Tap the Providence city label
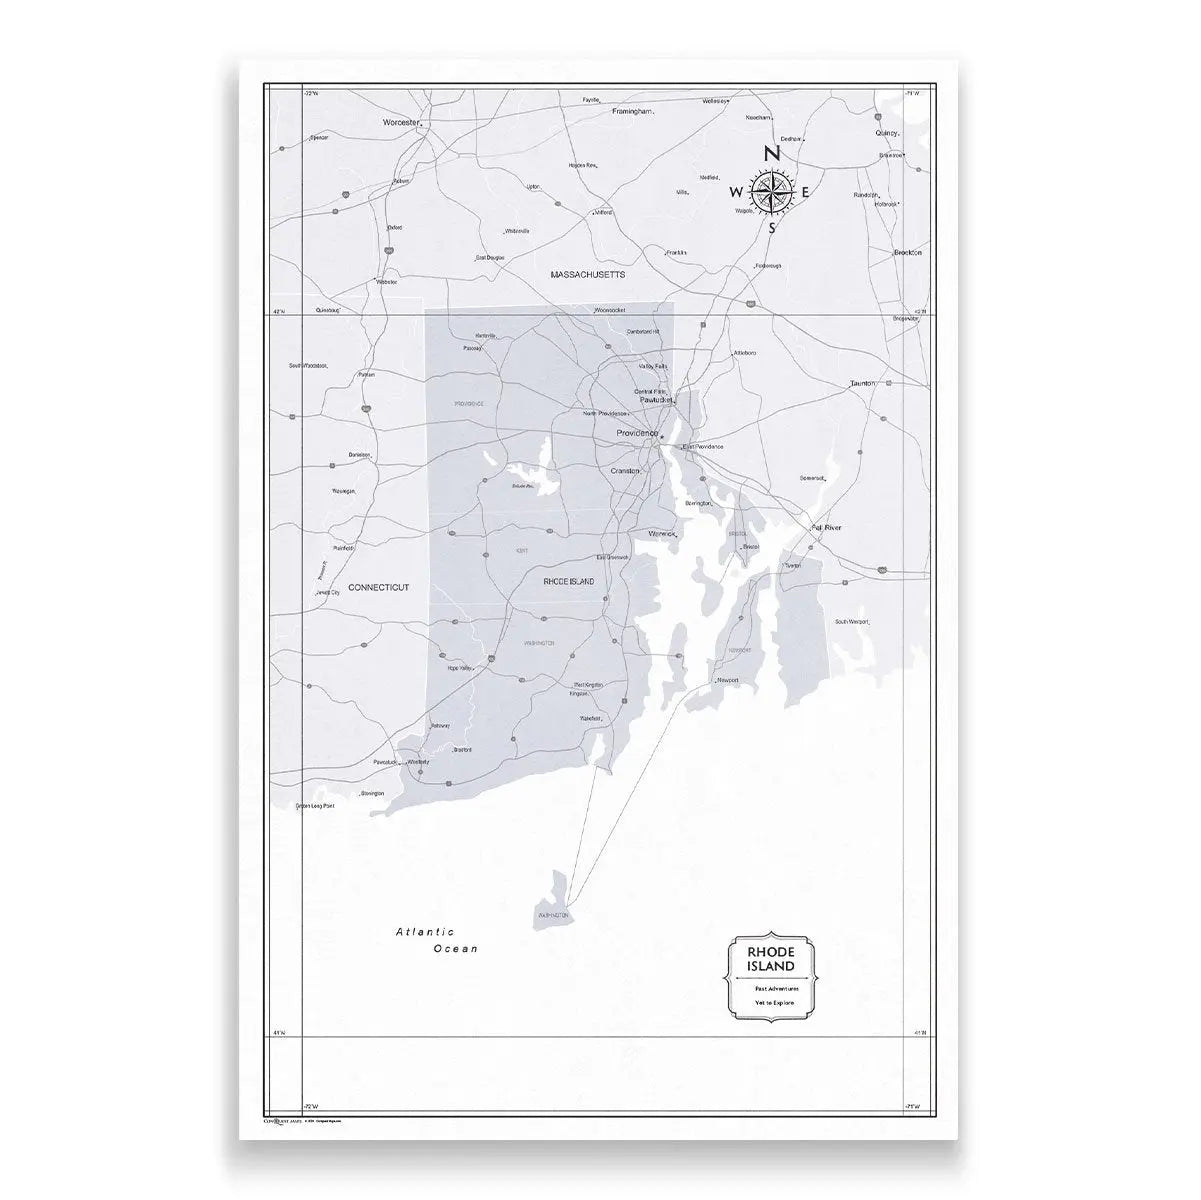coord(637,433)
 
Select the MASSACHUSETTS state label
coord(588,273)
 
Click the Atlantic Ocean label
coord(437,940)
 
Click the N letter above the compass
coord(771,154)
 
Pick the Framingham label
coord(632,111)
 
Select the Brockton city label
coord(907,253)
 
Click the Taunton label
coord(862,384)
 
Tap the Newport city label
coord(727,681)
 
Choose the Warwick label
coord(663,534)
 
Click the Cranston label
coord(625,470)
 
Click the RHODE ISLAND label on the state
coord(568,581)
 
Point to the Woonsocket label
coord(609,311)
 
